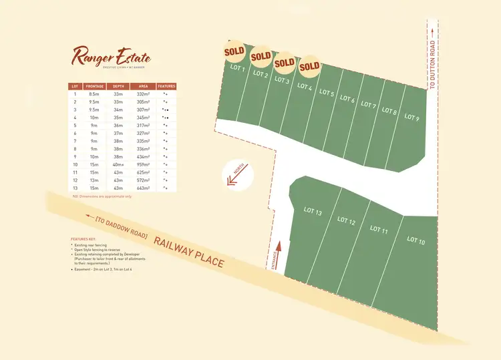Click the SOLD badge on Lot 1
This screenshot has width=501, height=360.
coord(234,51)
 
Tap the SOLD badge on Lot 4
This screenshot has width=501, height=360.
coord(309,67)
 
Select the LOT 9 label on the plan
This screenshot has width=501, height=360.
coord(412,118)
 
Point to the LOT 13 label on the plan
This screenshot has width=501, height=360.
coord(313,212)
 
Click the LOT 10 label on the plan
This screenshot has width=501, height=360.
coord(415,240)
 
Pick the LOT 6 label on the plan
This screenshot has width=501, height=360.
coord(347,99)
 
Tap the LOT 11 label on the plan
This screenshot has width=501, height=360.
coord(379,230)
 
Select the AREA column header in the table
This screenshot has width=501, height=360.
coord(143,86)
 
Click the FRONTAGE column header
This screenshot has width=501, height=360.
coord(96,86)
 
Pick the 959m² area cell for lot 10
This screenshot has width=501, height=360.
coord(143,164)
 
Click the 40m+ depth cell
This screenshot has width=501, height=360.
coord(119,164)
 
